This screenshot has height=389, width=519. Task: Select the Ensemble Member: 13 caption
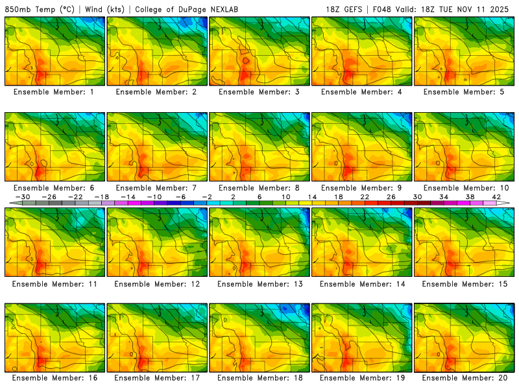259,284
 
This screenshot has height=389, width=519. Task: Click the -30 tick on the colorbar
23,196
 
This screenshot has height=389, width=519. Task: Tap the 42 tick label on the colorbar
496,196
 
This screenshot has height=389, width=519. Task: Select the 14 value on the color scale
311,196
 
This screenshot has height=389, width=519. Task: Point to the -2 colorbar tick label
207,196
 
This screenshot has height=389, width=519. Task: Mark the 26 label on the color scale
391,196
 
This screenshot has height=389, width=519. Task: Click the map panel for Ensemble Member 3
259,51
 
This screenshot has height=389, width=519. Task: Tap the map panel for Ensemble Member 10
464,147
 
